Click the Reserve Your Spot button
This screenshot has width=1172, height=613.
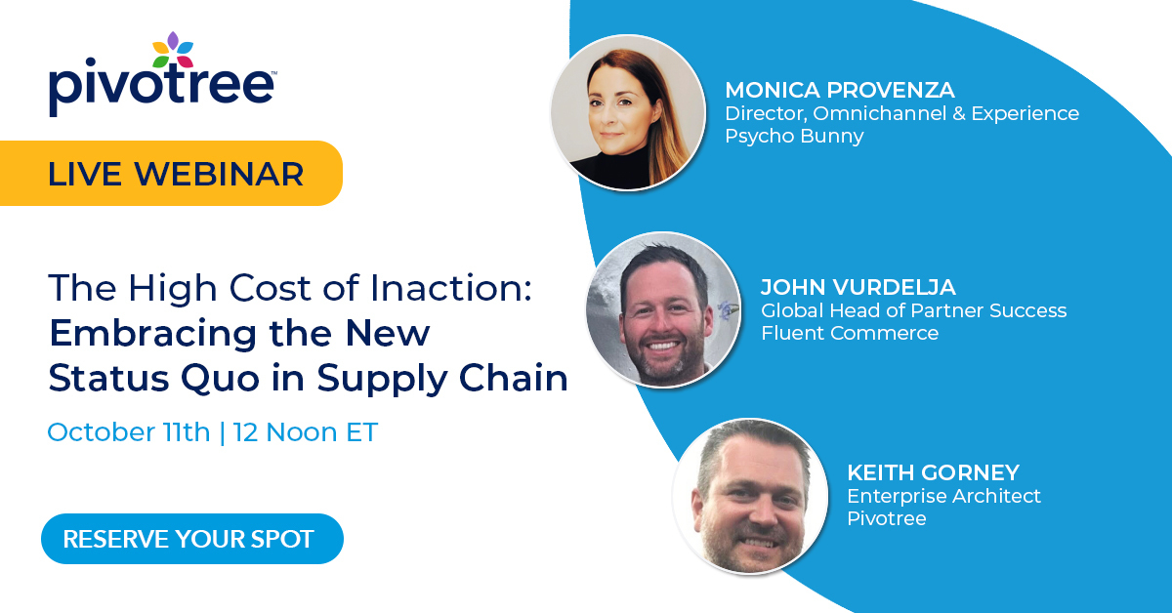pos(191,539)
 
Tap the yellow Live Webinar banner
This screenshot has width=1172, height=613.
pos(176,173)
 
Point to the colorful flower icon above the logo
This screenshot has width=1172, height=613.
pos(173,50)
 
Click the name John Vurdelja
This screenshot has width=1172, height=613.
pos(858,288)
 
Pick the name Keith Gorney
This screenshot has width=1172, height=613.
pos(933,473)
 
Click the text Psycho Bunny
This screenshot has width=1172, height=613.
pos(794,137)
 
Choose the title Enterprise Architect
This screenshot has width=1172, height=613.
pos(943,496)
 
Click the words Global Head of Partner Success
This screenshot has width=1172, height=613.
pos(913,311)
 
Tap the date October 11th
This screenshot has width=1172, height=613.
pos(129,432)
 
